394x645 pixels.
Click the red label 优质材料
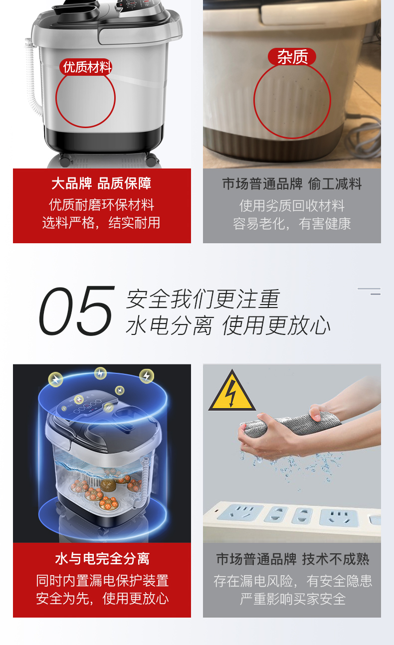(x=86, y=67)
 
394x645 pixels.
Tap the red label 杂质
(x=292, y=57)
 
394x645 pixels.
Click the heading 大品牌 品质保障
(x=101, y=183)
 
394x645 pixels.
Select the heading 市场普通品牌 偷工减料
(x=292, y=184)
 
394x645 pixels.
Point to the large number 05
(x=77, y=311)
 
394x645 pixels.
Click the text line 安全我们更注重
(x=203, y=299)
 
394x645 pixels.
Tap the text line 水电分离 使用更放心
(x=228, y=325)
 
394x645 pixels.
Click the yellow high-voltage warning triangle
(x=232, y=391)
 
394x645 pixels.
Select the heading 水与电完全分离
(x=102, y=559)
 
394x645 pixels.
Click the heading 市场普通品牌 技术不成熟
(x=293, y=559)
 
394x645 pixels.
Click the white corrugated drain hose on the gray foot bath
(x=32, y=78)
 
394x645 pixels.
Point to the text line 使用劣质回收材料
(x=292, y=205)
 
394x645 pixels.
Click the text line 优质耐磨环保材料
(x=101, y=205)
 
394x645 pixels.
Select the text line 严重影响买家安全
(x=293, y=599)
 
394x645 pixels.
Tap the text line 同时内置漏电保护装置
(x=102, y=581)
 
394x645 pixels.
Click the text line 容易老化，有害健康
(x=292, y=224)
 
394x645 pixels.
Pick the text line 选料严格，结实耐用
(x=101, y=223)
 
